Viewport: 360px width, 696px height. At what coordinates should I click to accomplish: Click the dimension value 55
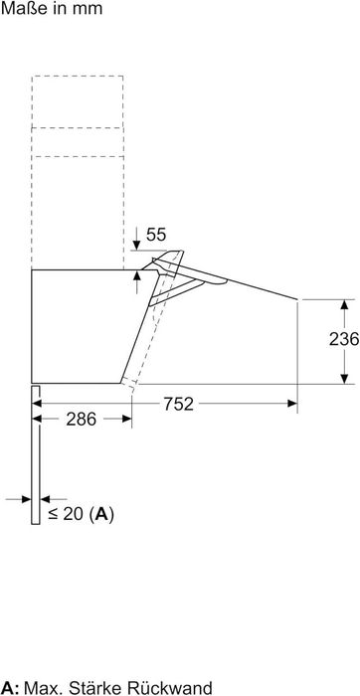[x=156, y=235]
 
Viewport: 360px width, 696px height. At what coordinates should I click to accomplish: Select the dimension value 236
[x=344, y=339]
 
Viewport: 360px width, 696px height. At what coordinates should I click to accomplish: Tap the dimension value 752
[x=179, y=404]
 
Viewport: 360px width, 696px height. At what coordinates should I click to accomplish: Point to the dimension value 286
[x=82, y=419]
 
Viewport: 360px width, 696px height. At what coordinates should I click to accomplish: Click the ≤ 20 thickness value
[x=67, y=514]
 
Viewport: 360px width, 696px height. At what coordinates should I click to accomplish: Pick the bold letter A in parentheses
[x=102, y=514]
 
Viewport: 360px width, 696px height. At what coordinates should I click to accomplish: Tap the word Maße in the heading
[x=22, y=8]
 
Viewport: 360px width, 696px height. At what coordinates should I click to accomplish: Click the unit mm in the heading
[x=88, y=9]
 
